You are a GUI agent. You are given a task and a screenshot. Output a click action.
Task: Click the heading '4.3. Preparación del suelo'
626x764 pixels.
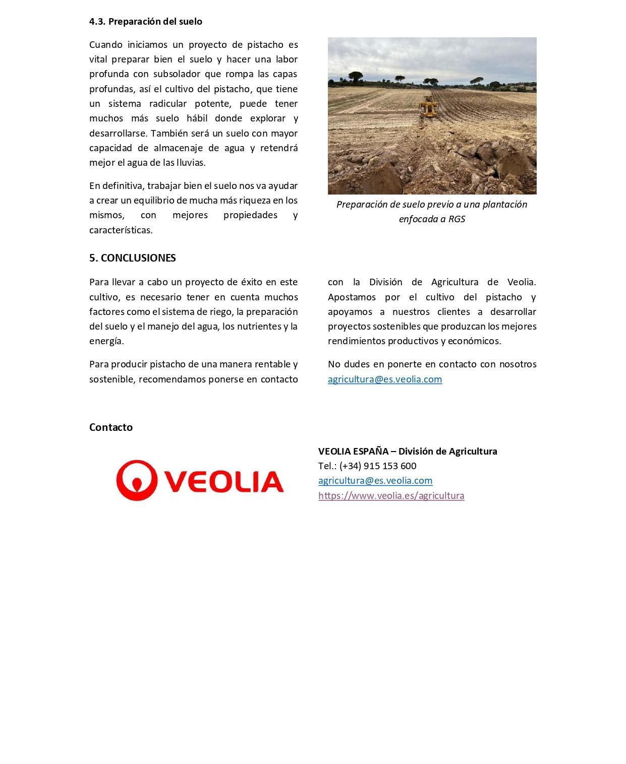tap(145, 21)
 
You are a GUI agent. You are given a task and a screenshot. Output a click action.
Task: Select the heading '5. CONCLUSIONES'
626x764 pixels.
tap(132, 258)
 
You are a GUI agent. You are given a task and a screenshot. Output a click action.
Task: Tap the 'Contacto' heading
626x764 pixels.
tap(111, 427)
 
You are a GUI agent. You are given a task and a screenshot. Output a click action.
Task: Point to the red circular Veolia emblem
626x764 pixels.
tap(135, 480)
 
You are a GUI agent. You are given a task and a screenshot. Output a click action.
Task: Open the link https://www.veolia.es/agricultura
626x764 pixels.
tap(391, 495)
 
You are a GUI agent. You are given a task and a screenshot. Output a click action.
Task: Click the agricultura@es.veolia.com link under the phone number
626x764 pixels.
tap(375, 480)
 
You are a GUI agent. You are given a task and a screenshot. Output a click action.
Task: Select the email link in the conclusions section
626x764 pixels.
tap(384, 379)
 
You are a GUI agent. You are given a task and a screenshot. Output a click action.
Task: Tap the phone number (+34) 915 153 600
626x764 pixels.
tap(378, 466)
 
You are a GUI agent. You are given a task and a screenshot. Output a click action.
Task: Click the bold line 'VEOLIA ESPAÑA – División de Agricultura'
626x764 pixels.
tap(407, 451)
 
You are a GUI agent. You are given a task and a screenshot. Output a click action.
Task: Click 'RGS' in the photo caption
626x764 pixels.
tap(456, 219)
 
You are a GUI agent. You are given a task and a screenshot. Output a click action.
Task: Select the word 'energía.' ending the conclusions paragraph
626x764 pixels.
tap(106, 341)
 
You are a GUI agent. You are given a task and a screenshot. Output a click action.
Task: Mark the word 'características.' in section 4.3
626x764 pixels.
tap(121, 230)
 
